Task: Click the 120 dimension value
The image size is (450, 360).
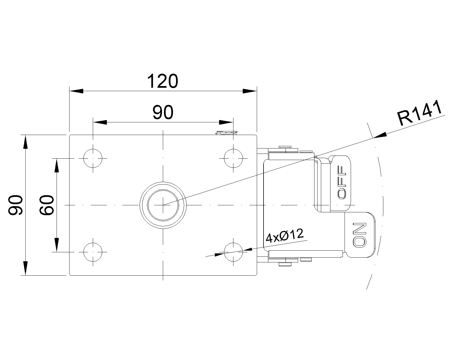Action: [x=163, y=81]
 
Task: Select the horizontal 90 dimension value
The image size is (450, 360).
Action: [x=163, y=112]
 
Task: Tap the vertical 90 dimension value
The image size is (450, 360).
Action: [x=15, y=205]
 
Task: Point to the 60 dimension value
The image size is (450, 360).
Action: [x=46, y=205]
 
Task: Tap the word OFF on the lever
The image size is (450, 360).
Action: [x=342, y=183]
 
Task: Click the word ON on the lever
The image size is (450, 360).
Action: [x=359, y=235]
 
